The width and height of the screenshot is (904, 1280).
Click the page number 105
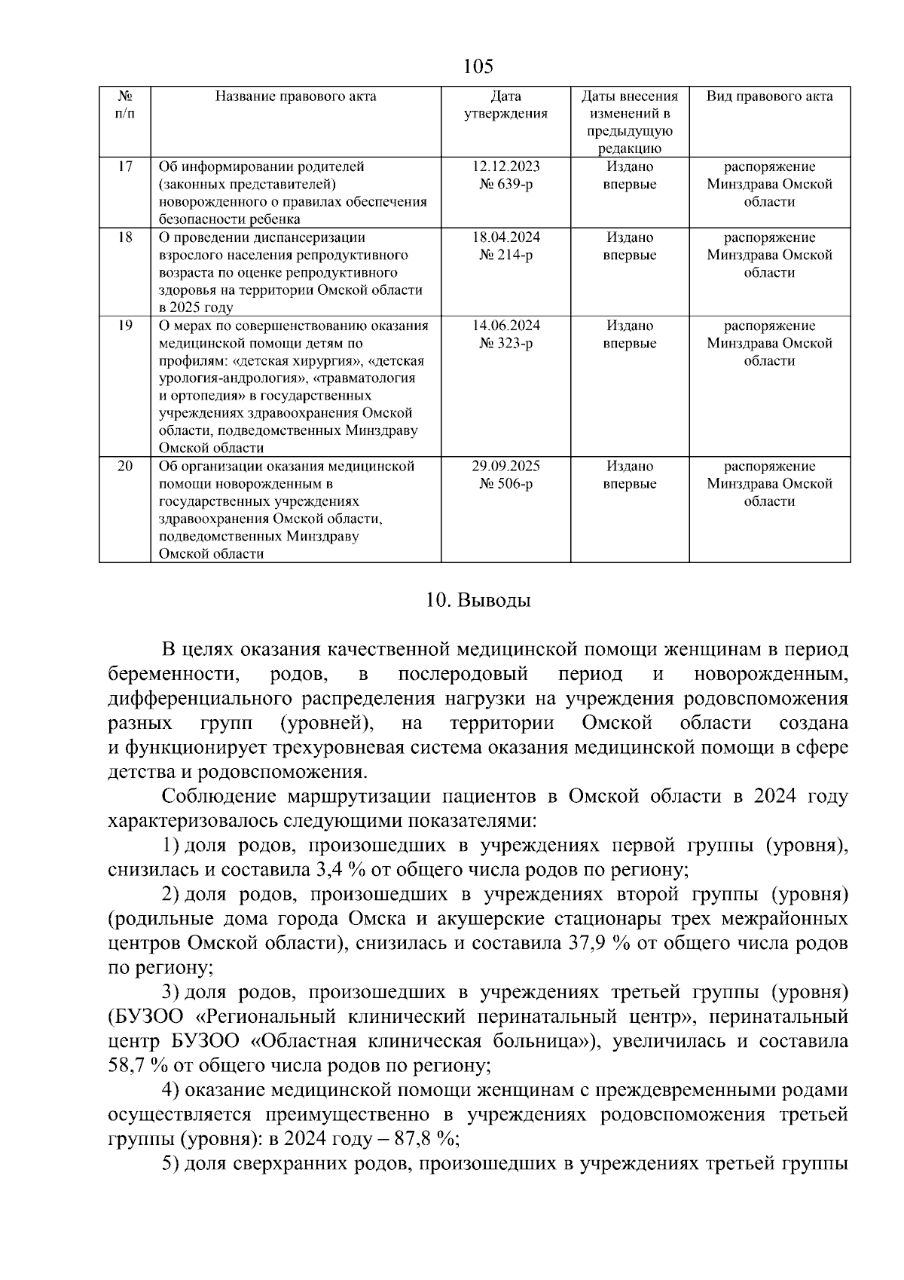click(478, 67)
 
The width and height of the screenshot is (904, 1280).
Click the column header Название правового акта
click(296, 96)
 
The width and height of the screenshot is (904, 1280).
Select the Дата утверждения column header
click(505, 106)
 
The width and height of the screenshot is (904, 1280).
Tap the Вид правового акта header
click(769, 96)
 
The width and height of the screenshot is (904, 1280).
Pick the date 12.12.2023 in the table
click(505, 167)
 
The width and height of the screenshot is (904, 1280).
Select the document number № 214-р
click(505, 256)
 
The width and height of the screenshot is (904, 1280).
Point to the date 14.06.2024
click(505, 326)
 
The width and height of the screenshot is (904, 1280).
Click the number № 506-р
click(505, 484)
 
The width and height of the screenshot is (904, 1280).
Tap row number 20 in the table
click(125, 467)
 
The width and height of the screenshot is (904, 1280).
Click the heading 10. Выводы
click(478, 601)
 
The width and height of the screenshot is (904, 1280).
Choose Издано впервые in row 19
click(630, 335)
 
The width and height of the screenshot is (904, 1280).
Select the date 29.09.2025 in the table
click(505, 467)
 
